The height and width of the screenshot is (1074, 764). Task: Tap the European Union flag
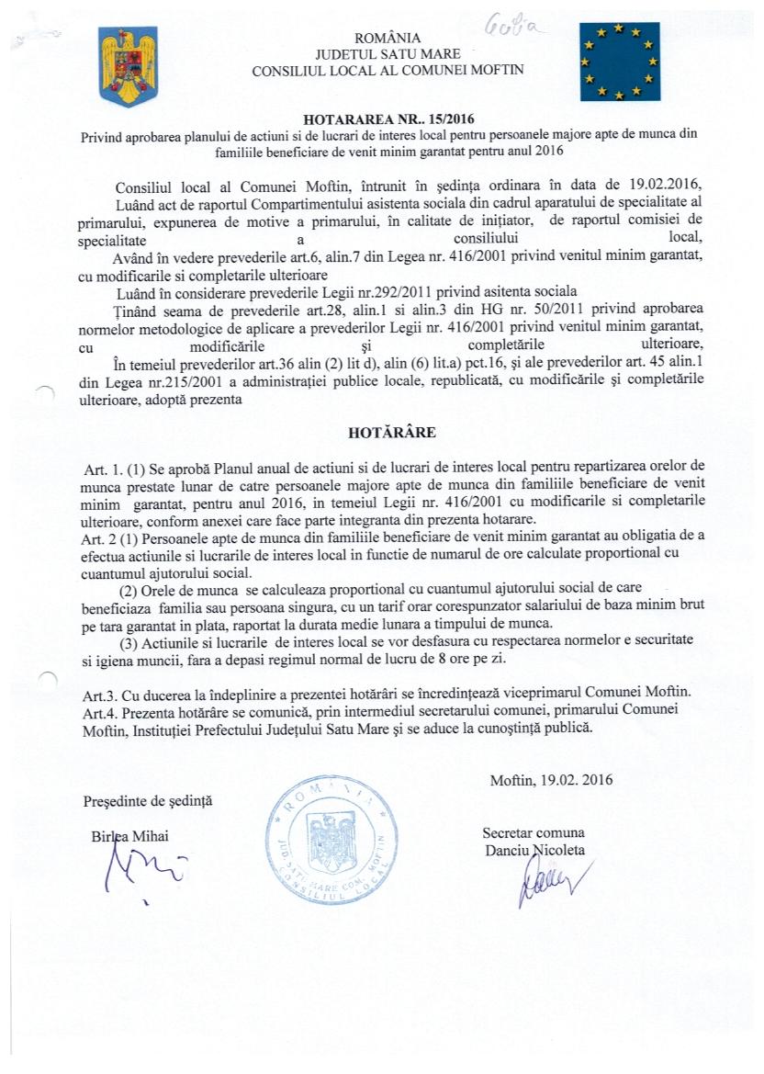pyautogui.click(x=620, y=62)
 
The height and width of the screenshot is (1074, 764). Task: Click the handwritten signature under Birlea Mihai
pyautogui.click(x=138, y=873)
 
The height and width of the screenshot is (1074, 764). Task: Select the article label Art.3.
pyautogui.click(x=98, y=690)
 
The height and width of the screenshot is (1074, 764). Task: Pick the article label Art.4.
pyautogui.click(x=98, y=708)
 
